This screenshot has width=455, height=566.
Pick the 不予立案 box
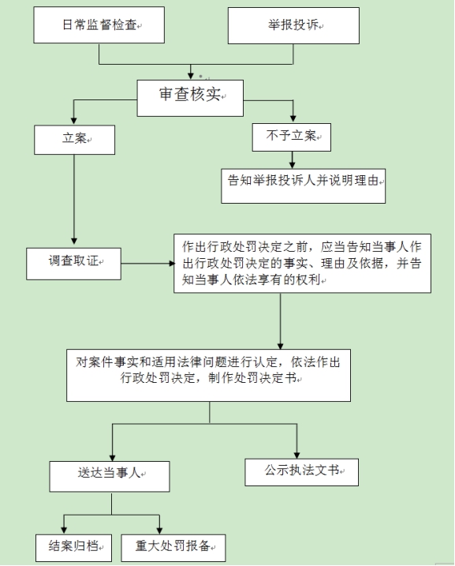click(x=292, y=136)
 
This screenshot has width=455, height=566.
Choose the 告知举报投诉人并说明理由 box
click(x=303, y=179)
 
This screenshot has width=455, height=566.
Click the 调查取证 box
click(x=73, y=262)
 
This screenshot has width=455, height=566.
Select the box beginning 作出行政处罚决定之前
click(x=302, y=263)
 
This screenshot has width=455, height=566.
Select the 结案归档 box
click(x=73, y=545)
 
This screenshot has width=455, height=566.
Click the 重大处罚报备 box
click(x=176, y=545)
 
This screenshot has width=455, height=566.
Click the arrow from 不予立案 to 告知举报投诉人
click(x=292, y=158)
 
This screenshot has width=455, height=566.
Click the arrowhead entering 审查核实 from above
click(x=189, y=73)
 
